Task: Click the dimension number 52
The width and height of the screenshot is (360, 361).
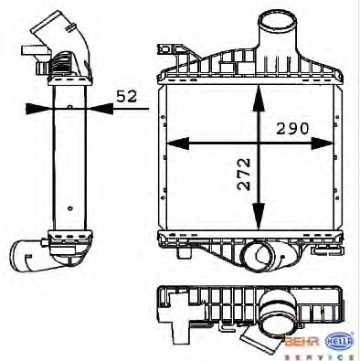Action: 127,96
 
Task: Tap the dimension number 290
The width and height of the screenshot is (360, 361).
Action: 292,129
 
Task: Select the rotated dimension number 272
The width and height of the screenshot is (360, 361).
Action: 244,174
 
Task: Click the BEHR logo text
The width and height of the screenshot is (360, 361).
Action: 302,341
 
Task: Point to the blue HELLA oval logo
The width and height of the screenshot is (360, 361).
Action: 340,341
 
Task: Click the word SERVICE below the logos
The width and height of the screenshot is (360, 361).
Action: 319,356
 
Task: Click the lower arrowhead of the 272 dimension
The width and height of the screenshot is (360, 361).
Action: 259,216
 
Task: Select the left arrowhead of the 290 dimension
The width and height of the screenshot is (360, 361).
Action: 178,143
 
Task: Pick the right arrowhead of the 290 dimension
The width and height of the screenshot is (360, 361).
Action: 323,143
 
